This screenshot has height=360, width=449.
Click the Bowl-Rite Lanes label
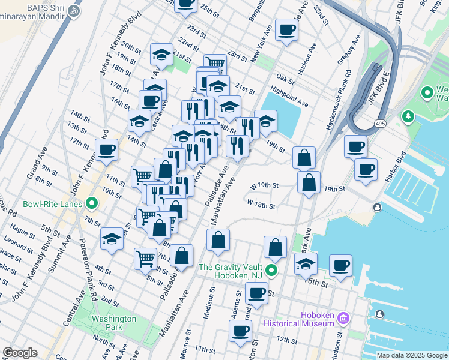coord(53,203)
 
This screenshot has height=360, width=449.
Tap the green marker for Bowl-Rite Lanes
coord(92,203)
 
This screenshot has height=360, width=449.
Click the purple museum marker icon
coord(343,317)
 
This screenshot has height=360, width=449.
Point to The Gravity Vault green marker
coord(272,270)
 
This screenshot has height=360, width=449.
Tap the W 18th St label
coord(261,205)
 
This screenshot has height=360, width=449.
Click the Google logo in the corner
coord(20,353)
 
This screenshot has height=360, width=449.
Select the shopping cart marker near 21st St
coord(214,64)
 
